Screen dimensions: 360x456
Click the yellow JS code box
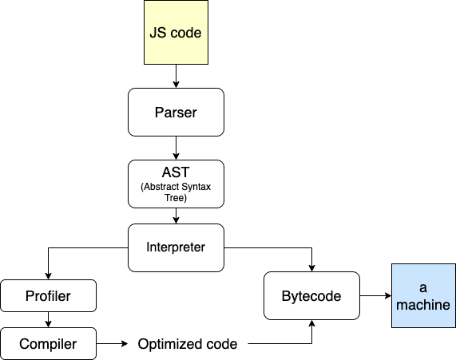click(176, 33)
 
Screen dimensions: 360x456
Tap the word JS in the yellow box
click(157, 34)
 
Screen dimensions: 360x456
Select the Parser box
click(176, 112)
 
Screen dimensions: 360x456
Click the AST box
click(176, 184)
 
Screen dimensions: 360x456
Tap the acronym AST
click(176, 172)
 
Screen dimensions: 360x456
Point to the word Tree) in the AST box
click(176, 197)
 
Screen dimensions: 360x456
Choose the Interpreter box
click(176, 247)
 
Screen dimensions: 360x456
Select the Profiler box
click(49, 296)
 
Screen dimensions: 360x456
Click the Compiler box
click(49, 344)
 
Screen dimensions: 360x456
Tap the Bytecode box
click(311, 296)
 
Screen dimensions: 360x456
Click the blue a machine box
click(423, 296)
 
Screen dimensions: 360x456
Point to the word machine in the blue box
click(423, 305)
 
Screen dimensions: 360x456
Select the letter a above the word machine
click(423, 287)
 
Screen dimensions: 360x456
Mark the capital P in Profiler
click(30, 296)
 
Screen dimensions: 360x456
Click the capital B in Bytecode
click(286, 296)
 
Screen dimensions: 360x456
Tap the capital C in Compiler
click(24, 344)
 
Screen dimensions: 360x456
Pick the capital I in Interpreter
click(148, 247)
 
